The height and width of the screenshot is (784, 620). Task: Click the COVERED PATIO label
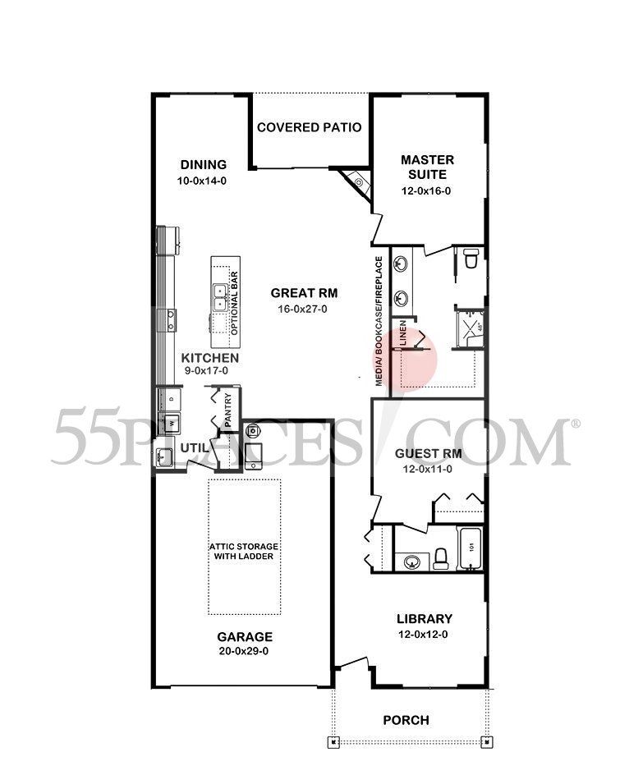pos(310,127)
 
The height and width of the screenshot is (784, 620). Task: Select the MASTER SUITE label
pos(426,167)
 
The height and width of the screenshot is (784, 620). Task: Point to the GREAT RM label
pos(305,292)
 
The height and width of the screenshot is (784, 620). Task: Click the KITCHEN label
pos(210,358)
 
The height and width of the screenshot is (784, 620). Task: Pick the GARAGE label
pos(245,636)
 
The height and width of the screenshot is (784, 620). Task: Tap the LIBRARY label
pos(425,618)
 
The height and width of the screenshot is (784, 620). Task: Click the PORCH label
pos(406,720)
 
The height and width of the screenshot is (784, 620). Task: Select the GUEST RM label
pos(427,452)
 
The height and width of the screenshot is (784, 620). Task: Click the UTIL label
pos(195,448)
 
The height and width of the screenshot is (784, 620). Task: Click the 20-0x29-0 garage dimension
pos(245,652)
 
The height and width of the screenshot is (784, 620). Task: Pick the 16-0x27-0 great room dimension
pos(305,309)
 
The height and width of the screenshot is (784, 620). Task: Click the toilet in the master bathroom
pos(471,259)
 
